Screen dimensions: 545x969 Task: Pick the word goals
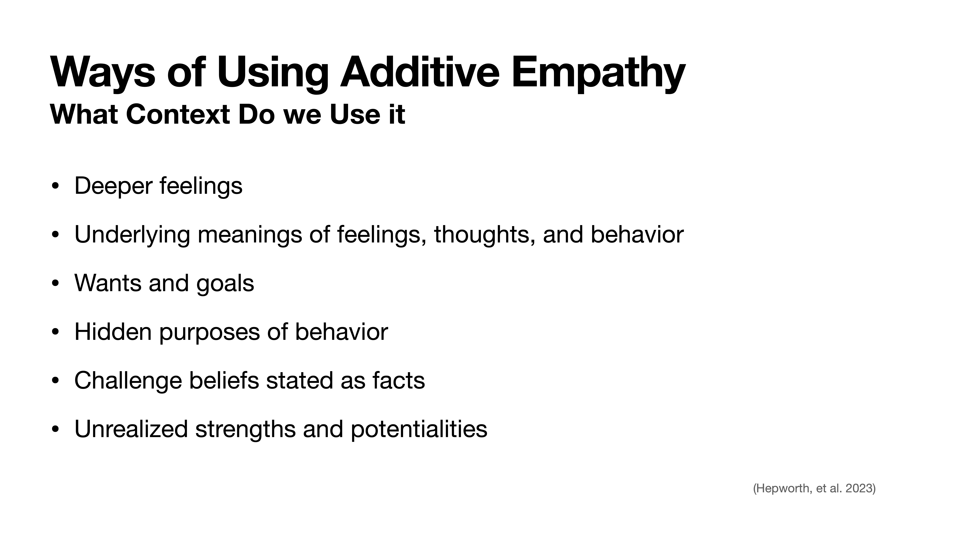(x=225, y=284)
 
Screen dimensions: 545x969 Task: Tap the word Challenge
(x=128, y=381)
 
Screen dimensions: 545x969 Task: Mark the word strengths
(x=245, y=429)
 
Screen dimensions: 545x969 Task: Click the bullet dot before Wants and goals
(x=55, y=284)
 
